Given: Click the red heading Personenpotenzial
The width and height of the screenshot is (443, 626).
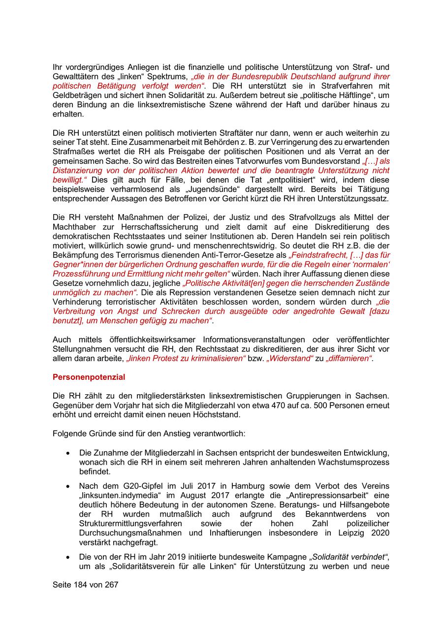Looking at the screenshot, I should [x=89, y=377].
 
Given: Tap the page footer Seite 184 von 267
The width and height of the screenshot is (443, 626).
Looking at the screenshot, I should [x=86, y=585].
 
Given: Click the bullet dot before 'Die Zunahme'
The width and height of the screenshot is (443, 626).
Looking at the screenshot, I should [x=67, y=453].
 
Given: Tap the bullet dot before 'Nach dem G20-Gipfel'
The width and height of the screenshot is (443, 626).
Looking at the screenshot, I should [x=67, y=486].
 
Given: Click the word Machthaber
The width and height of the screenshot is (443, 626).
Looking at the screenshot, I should [x=75, y=227].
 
